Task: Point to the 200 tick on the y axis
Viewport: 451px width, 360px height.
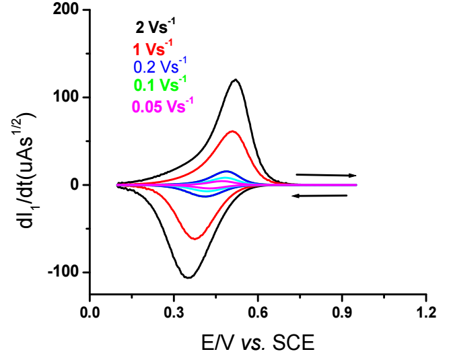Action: click(67, 10)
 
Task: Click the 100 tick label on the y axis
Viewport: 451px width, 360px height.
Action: click(67, 98)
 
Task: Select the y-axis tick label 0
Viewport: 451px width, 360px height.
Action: click(75, 185)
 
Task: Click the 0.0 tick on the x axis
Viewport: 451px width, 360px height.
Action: click(90, 313)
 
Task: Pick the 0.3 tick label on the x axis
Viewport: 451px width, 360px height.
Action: click(174, 313)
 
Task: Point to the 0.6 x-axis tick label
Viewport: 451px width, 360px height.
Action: click(258, 313)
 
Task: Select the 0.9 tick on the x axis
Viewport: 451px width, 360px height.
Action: click(342, 313)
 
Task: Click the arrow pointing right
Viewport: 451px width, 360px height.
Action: click(326, 175)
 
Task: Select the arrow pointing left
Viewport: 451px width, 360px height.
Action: click(319, 196)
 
